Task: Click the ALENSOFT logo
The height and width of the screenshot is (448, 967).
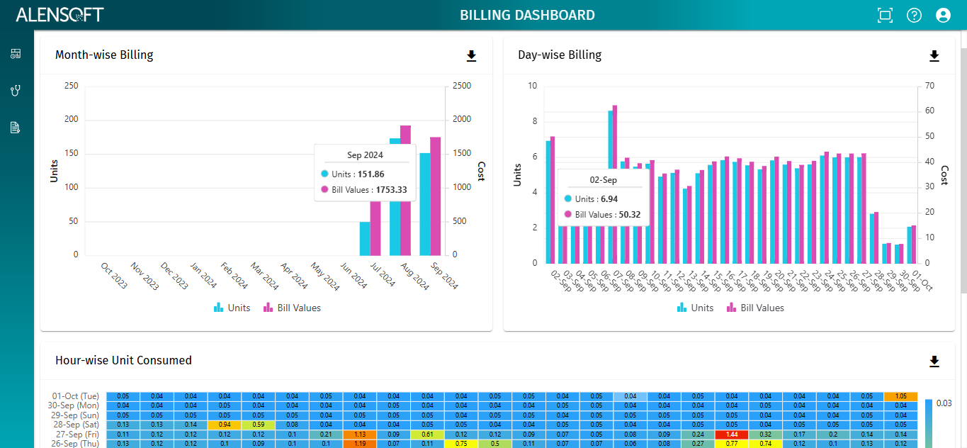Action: [60, 15]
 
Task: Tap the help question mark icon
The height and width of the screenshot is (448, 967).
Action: [914, 15]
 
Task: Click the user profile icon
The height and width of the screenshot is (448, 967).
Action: [943, 15]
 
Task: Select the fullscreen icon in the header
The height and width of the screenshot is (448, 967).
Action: [884, 15]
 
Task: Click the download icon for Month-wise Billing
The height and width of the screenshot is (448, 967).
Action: [471, 56]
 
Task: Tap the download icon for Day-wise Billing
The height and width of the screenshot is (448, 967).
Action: [934, 56]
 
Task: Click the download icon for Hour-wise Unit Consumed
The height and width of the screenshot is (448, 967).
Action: [934, 362]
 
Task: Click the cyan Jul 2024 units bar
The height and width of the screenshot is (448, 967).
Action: [365, 238]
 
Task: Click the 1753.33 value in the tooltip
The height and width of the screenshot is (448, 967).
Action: [392, 189]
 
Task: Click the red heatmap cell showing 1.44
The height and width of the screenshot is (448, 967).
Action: [732, 433]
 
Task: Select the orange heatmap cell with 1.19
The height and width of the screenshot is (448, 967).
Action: [360, 443]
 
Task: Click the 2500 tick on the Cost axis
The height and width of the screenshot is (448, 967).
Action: [461, 86]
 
